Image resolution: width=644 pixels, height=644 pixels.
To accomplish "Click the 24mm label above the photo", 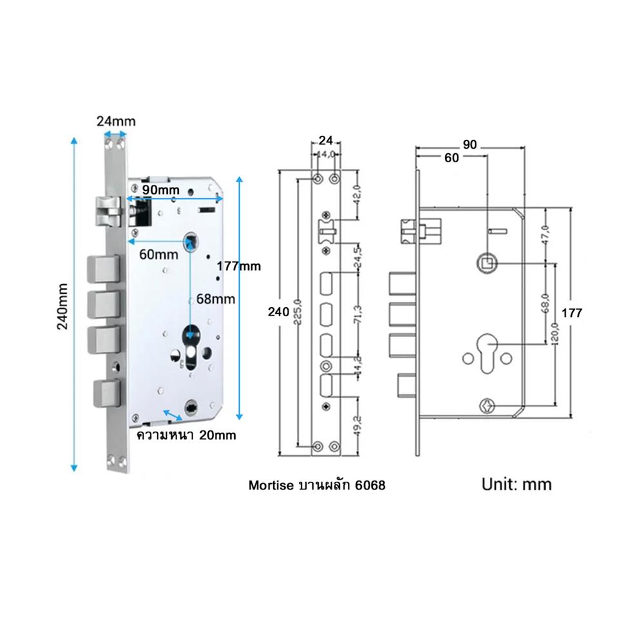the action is point(116,121).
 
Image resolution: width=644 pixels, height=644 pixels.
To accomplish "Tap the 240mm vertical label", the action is point(62,307).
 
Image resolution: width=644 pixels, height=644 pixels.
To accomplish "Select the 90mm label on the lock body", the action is point(160,190).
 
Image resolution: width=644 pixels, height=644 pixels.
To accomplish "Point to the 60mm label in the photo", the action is point(158,254).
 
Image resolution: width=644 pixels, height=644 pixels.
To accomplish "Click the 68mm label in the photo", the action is point(216,299).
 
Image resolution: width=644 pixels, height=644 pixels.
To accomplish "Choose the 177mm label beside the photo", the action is point(239,266).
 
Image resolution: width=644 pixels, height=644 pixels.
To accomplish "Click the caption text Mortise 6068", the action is point(317,485).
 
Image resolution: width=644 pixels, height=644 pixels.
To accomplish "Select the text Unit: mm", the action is point(516,485).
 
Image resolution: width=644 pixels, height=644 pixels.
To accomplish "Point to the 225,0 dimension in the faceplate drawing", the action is point(298,312).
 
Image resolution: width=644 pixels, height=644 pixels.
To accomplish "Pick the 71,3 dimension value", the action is point(357,315).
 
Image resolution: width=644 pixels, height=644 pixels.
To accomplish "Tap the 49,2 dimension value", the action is point(357,424).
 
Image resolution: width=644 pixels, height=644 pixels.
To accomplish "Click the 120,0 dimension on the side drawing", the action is point(556,334).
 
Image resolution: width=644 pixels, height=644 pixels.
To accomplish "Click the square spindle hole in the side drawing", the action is point(488,263).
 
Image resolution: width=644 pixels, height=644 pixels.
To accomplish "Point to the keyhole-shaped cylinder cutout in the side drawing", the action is point(488,353).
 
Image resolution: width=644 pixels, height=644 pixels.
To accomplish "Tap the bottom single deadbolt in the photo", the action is point(107,393).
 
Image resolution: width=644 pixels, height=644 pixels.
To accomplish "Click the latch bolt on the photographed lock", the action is point(109,211).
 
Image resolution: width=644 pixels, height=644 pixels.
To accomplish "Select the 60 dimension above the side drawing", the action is point(451,158).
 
